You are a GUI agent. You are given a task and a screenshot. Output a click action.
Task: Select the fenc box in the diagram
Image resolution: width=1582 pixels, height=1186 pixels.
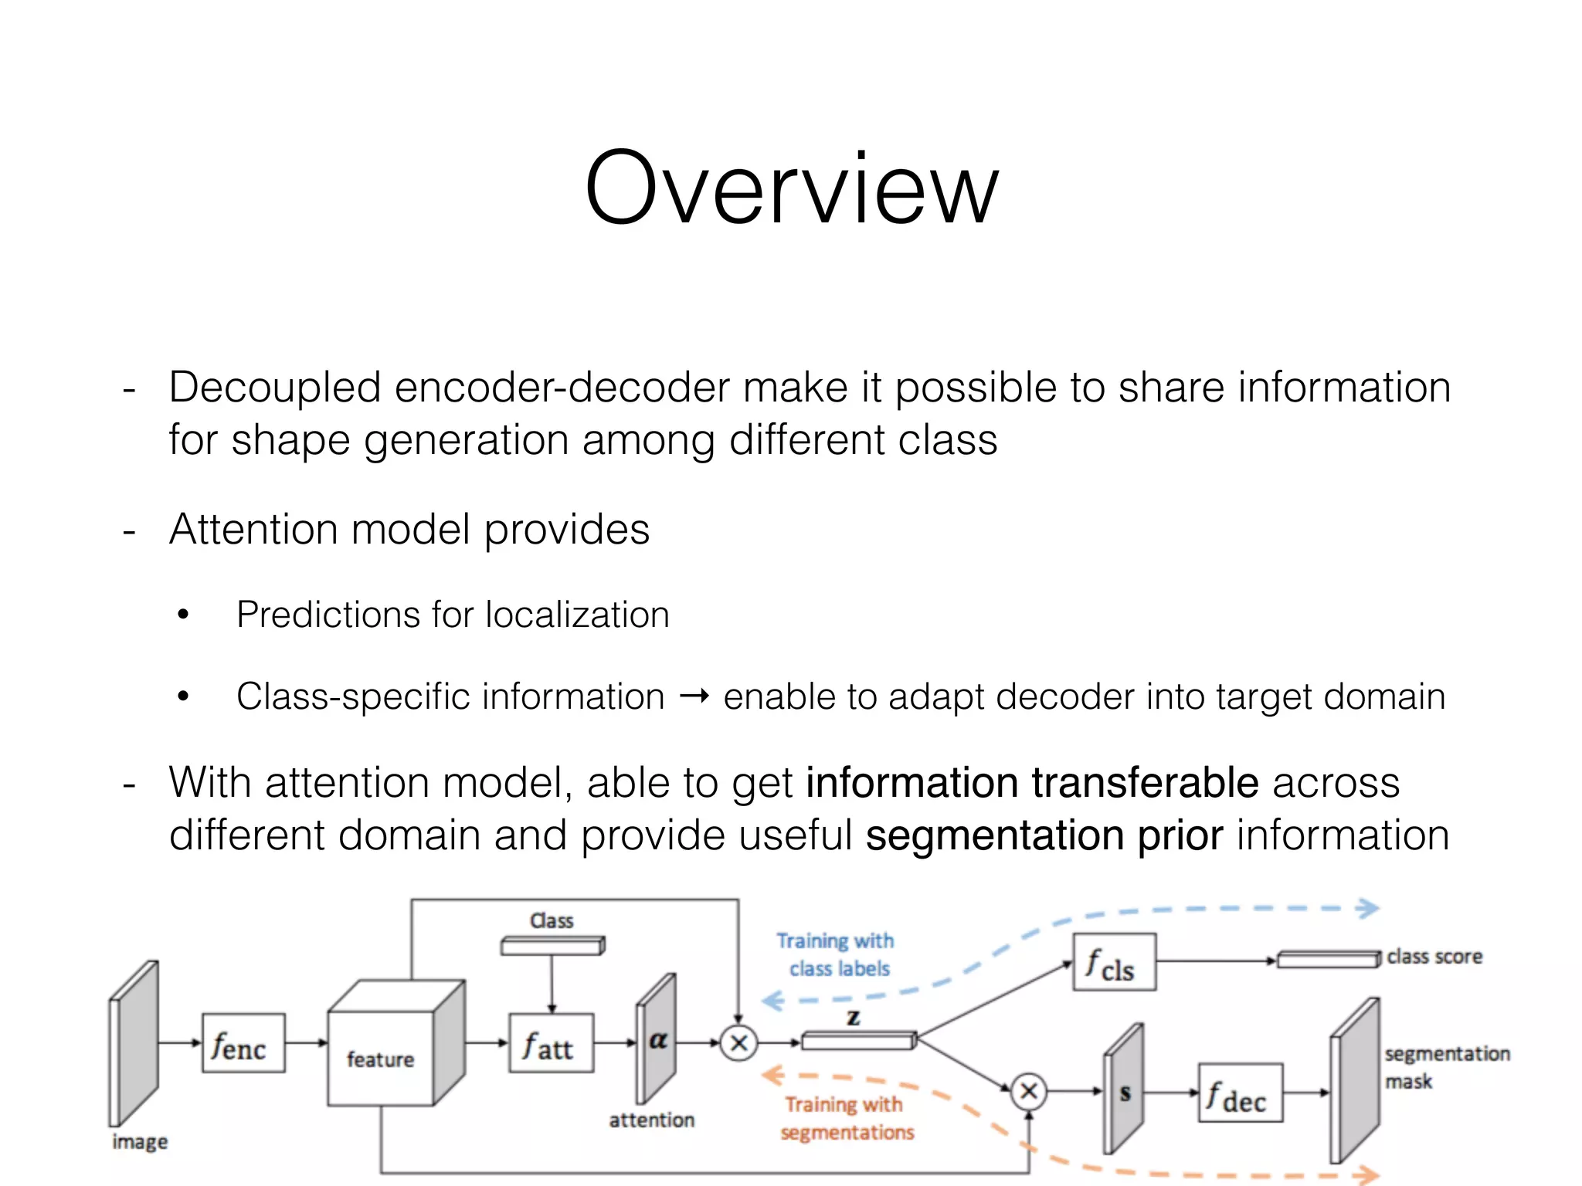[x=243, y=1043]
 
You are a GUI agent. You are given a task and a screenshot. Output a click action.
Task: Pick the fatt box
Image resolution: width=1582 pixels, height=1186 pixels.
[x=551, y=1043]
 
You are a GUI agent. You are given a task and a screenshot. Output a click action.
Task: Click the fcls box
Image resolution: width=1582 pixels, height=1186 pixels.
[x=1114, y=962]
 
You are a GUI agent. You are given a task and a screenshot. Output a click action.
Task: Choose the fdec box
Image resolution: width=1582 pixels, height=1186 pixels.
[x=1240, y=1093]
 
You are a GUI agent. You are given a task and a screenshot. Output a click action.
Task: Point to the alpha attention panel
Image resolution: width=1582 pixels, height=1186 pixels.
[x=656, y=1039]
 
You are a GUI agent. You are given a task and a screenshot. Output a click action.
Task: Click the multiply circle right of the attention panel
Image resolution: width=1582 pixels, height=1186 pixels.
[x=738, y=1043]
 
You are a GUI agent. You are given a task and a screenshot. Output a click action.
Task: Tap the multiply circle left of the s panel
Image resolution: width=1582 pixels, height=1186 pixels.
[x=1029, y=1091]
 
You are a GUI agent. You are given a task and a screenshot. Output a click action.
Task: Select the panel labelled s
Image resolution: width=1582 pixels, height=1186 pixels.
[x=1124, y=1089]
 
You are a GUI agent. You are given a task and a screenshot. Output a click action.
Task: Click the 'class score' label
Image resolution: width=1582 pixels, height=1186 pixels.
[x=1434, y=957]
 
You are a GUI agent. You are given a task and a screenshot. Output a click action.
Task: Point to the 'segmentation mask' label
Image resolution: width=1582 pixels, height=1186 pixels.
[x=1446, y=1067]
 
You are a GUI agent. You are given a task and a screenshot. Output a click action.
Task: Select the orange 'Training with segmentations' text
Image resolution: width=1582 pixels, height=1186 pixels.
[x=846, y=1118]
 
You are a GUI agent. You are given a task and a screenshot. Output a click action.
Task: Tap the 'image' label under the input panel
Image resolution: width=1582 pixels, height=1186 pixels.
[x=140, y=1141]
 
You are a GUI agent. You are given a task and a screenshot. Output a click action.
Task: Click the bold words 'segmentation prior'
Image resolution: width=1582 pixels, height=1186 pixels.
[x=1044, y=835]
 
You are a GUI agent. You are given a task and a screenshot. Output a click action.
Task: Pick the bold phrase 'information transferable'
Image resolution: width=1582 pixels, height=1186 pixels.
[x=1032, y=782]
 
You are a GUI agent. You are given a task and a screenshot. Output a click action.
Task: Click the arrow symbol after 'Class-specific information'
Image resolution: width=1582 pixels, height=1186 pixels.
[x=694, y=697]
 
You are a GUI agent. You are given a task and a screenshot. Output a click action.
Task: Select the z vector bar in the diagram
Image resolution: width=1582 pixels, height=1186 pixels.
[x=858, y=1041]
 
